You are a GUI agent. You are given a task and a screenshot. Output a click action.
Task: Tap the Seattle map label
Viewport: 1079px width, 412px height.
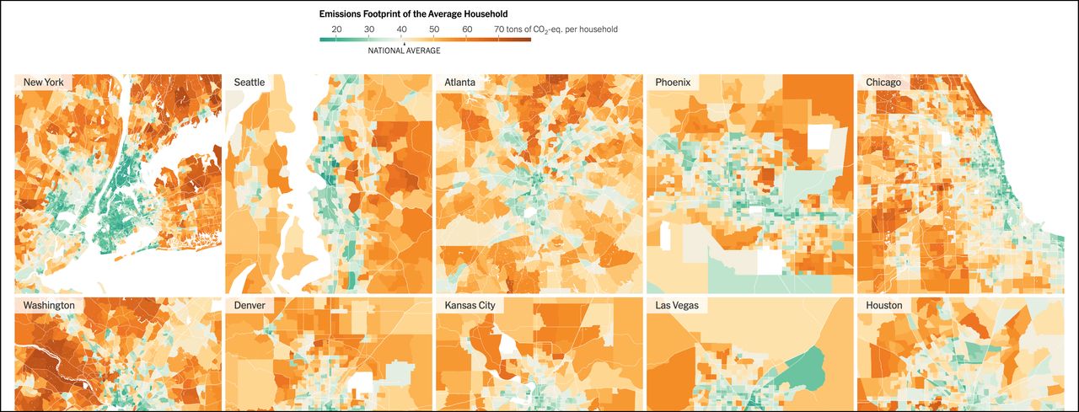pos(250,83)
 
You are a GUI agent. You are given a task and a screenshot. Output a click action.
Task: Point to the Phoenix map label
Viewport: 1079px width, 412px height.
pos(673,83)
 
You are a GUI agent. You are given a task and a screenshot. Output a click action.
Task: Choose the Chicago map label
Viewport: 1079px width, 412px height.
pos(883,83)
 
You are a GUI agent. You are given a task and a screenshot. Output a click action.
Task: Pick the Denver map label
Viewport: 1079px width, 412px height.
pos(250,305)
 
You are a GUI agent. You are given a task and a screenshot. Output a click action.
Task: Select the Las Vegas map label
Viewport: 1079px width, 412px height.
pos(677,305)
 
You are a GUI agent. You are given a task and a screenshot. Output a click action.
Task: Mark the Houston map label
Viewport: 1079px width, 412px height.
pos(884,305)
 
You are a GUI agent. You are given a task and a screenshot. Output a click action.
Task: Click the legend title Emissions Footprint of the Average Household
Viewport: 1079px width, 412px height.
pos(413,14)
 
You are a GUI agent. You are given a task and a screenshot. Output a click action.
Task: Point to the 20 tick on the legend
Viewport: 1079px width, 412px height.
pos(336,29)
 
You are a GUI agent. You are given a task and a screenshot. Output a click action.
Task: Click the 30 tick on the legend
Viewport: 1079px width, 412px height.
pos(369,29)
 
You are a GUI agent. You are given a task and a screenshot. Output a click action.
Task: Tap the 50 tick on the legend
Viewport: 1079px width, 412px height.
pos(434,29)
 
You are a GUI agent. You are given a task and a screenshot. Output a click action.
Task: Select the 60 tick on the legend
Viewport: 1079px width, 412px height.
pos(467,29)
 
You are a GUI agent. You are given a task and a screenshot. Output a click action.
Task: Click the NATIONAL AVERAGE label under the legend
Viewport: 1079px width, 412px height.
pos(404,51)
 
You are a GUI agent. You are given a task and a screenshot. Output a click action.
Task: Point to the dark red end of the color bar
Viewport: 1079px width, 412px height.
pos(527,40)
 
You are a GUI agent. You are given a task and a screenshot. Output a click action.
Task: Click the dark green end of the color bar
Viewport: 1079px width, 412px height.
pos(324,40)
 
